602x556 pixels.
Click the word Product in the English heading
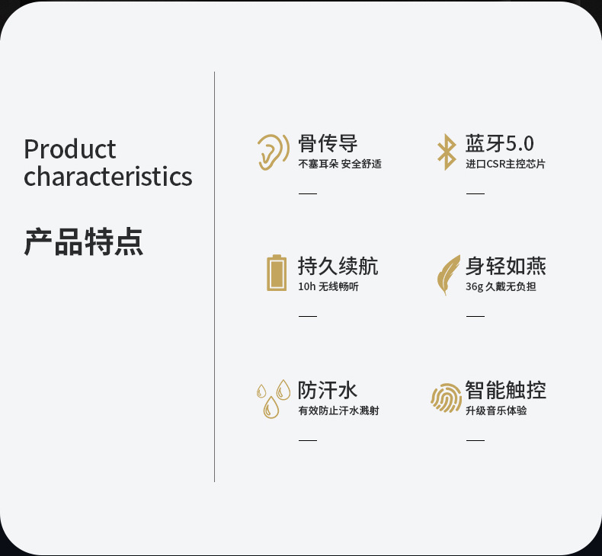(x=70, y=149)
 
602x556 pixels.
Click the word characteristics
(x=108, y=177)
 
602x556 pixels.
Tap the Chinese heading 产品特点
(x=83, y=241)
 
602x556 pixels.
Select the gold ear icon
(x=273, y=152)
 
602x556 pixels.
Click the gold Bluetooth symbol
(x=447, y=152)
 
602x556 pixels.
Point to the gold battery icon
(x=277, y=273)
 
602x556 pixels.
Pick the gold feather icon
(x=448, y=275)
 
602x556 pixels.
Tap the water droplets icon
(x=273, y=398)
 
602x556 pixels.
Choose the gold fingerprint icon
(x=446, y=398)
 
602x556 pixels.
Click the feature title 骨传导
(x=328, y=143)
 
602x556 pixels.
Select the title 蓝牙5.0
(x=499, y=143)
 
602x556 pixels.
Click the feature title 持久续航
(x=338, y=266)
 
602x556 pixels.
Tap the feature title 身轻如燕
(x=506, y=266)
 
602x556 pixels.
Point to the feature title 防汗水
(x=328, y=390)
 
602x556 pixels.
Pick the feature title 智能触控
(x=506, y=390)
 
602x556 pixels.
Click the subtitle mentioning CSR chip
(x=505, y=165)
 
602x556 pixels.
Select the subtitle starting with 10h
(x=328, y=286)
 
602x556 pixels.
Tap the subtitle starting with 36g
(x=501, y=286)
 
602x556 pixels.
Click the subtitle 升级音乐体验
(x=496, y=411)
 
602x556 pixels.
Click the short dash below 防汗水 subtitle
(x=308, y=440)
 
